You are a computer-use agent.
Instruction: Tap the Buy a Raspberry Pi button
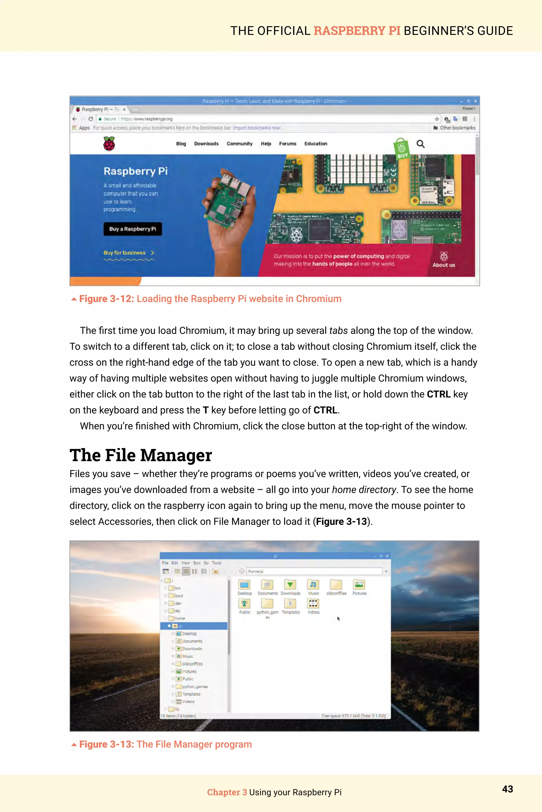click(133, 229)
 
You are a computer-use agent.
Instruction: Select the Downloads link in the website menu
click(206, 144)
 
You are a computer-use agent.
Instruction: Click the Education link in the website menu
click(315, 144)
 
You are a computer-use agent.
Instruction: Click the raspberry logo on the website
click(109, 144)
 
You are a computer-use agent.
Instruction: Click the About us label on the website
click(444, 265)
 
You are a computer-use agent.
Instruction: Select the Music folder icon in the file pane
click(313, 585)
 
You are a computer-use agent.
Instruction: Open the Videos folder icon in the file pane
click(313, 604)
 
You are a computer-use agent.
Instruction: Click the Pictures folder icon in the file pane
click(359, 585)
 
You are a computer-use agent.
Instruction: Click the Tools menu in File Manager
click(216, 563)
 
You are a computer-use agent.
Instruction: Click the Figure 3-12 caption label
click(106, 299)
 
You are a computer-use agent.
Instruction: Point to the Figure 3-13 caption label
click(106, 744)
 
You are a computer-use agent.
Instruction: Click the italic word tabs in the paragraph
click(338, 331)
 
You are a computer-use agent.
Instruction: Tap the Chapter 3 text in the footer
click(227, 792)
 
